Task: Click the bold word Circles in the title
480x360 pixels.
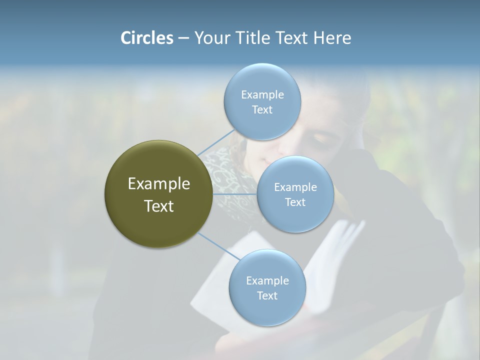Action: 146,38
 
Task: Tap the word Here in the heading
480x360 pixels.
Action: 332,38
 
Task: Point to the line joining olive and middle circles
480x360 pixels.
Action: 235,194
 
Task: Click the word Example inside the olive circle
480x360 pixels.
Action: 159,184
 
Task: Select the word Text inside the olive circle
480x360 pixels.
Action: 159,206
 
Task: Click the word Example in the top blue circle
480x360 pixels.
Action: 262,95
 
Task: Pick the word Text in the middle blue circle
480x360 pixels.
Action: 295,202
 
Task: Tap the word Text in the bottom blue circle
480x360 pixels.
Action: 267,295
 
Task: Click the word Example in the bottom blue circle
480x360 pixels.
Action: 267,280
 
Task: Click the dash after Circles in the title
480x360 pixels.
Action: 183,38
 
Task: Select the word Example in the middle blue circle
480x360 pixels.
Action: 295,187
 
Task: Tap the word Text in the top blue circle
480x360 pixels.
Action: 262,110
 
